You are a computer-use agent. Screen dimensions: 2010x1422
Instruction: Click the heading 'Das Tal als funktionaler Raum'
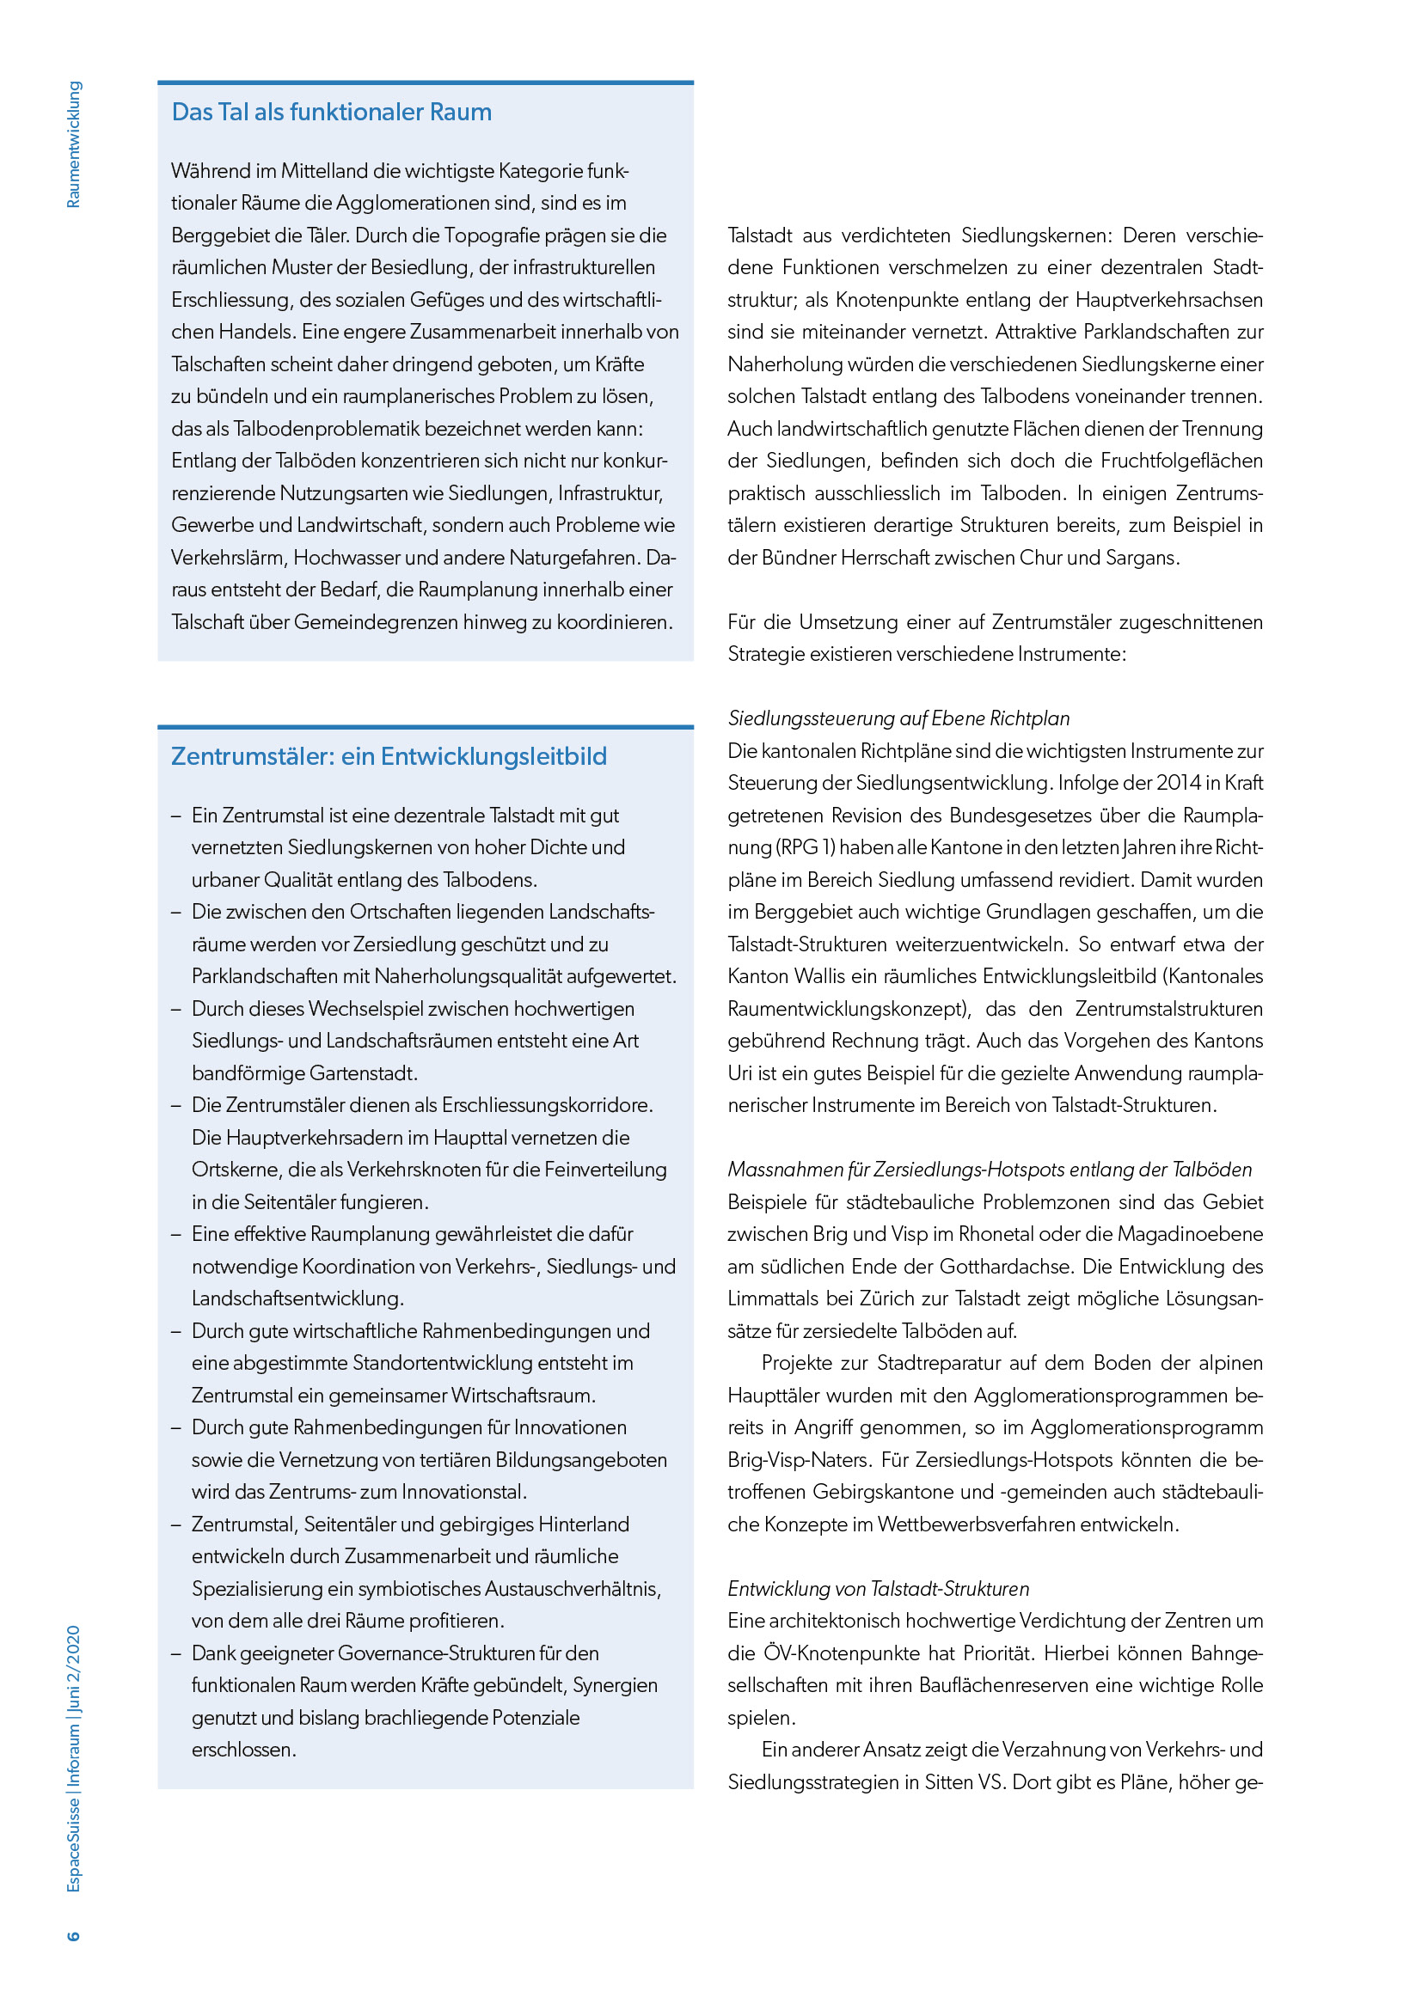point(331,112)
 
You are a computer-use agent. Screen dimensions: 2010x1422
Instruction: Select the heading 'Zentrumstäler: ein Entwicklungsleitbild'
point(388,756)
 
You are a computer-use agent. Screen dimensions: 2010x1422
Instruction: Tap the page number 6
point(74,1934)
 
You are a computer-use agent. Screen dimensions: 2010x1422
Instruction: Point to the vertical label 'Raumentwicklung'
point(74,144)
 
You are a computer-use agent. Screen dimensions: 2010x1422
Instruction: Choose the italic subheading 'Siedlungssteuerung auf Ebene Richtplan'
point(898,718)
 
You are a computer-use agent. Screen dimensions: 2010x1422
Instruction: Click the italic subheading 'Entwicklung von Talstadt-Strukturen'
point(879,1589)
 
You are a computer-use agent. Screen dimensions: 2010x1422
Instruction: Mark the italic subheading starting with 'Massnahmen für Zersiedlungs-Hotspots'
point(990,1170)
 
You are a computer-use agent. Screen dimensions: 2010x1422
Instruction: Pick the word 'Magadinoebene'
point(1191,1234)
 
